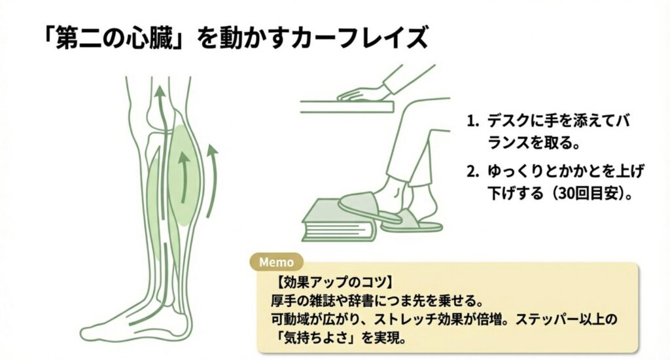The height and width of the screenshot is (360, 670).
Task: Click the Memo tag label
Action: coord(277,261)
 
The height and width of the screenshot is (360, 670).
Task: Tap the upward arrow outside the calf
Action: coord(211,180)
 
